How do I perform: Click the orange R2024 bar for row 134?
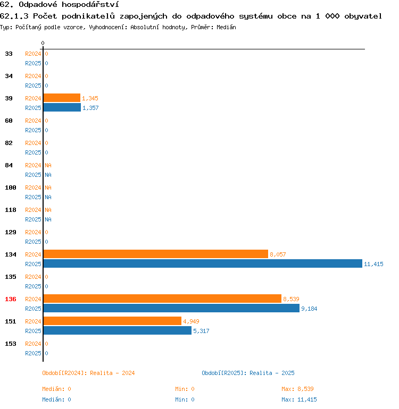coord(155,254)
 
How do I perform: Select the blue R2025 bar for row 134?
coord(203,263)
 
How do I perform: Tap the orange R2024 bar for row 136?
coord(162,299)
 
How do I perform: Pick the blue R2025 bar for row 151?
coord(117,330)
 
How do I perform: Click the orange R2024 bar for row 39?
coord(62,98)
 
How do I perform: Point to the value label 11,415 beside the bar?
coord(373,264)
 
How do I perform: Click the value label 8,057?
coord(278,254)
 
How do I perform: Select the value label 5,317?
coord(201,331)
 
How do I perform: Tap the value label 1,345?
coord(90,98)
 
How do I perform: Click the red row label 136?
coord(11,299)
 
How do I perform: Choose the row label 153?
coord(11,344)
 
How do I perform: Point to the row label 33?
coord(9,54)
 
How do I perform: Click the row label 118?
coord(11,210)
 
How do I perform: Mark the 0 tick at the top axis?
coord(43,43)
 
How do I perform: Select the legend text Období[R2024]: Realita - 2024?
coord(88,373)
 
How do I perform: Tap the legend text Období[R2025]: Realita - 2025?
coord(248,373)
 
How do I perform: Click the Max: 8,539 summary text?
coord(297,389)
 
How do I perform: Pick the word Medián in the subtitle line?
coord(226,27)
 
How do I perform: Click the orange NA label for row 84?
coord(48,165)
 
